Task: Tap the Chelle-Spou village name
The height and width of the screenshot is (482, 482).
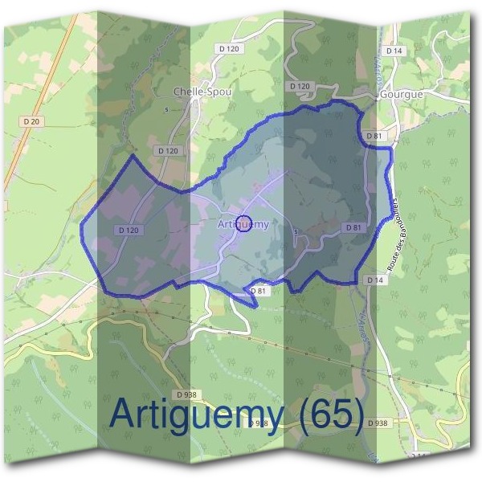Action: coord(202,92)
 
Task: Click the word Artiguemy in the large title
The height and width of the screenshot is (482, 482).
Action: coord(196,414)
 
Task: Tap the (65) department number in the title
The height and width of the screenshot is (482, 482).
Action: coord(327,414)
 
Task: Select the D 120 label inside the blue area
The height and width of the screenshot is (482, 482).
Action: coord(129,230)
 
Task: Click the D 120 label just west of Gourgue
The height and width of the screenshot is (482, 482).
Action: coord(299,86)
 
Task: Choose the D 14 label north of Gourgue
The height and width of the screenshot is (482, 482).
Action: coord(394,51)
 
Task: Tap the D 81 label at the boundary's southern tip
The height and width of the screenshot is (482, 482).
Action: coord(258,291)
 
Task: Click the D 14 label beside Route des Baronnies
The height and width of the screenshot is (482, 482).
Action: coord(374,280)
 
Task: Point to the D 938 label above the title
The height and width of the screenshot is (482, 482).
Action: coord(190,394)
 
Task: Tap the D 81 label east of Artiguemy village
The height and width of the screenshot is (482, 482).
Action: coord(353,228)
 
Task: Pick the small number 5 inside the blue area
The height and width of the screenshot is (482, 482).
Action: coord(296,232)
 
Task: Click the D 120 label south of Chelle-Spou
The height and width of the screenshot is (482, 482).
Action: coord(169,150)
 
